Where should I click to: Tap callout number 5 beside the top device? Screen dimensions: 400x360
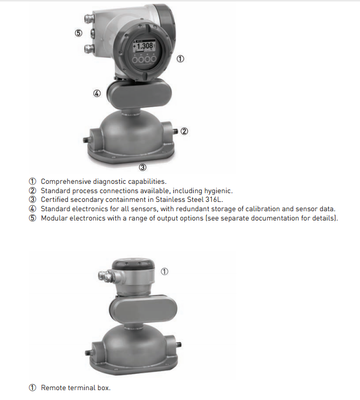[x=78, y=33]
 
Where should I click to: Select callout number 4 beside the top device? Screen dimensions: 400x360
[x=97, y=93]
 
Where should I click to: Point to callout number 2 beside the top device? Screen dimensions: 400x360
[x=184, y=131]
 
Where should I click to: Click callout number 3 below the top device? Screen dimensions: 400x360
[x=142, y=167]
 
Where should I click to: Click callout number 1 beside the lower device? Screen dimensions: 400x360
[x=165, y=271]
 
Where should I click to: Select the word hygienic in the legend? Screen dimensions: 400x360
[x=217, y=190]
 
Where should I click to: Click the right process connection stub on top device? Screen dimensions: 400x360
[x=174, y=131]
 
